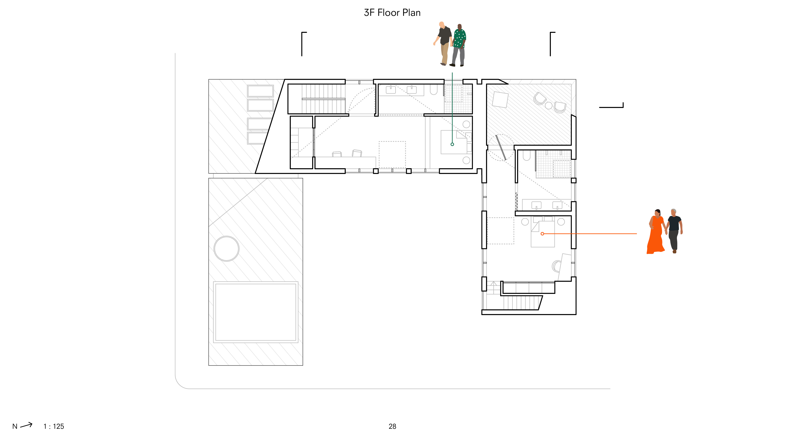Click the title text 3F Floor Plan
pyautogui.click(x=392, y=13)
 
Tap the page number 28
pyautogui.click(x=392, y=426)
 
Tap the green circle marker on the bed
pyautogui.click(x=452, y=144)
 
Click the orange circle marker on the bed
pyautogui.click(x=542, y=234)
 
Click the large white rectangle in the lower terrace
pyautogui.click(x=256, y=312)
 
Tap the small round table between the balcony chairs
pyautogui.click(x=549, y=106)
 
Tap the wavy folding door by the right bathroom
pyautogui.click(x=516, y=202)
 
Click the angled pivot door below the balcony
pyautogui.click(x=501, y=148)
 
